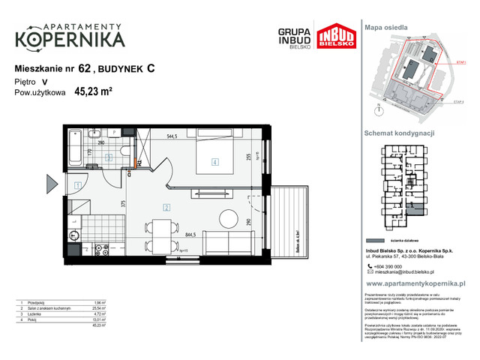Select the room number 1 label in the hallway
click(77, 185)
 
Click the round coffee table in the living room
click(227, 219)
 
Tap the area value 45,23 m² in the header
click(93, 94)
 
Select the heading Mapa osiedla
click(385, 26)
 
